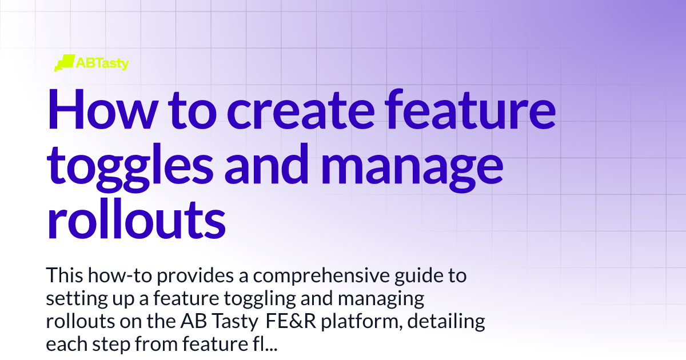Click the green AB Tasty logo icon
64,62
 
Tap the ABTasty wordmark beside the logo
102,63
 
